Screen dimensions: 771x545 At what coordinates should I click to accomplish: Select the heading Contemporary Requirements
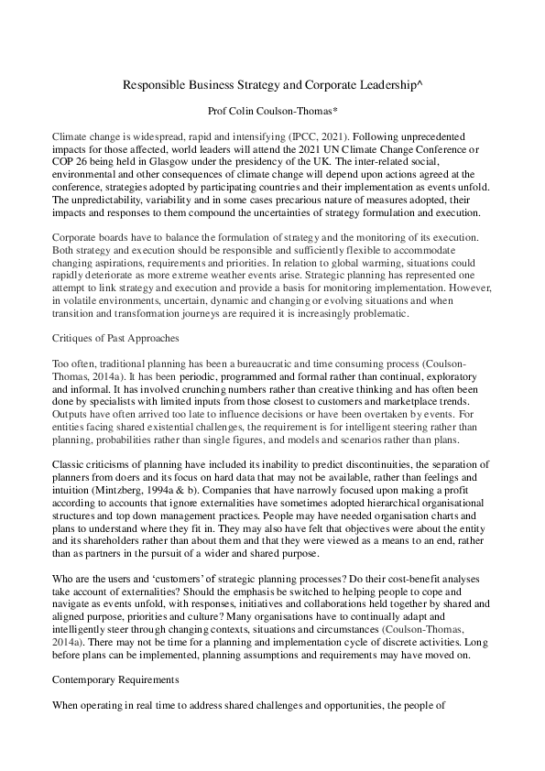pyautogui.click(x=116, y=708)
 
